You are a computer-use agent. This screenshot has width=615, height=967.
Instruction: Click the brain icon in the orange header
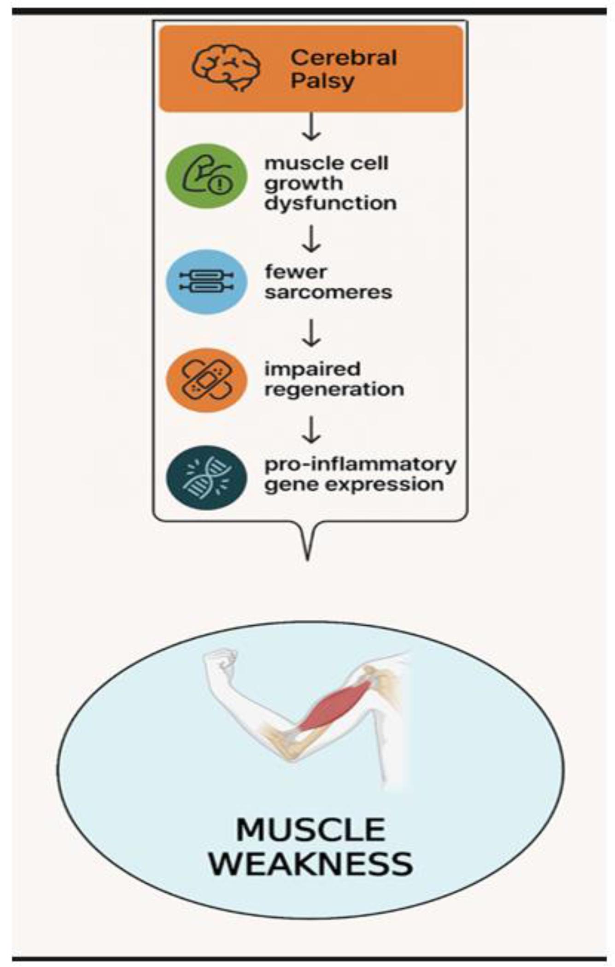point(226,68)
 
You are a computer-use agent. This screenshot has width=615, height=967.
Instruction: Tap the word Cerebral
point(344,58)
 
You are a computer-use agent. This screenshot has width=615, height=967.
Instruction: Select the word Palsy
point(322,81)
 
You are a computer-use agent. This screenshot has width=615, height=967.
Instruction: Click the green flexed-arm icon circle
point(206,176)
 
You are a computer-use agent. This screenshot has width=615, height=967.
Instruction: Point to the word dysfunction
point(330,203)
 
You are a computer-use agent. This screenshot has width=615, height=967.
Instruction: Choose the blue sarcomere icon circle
point(206,281)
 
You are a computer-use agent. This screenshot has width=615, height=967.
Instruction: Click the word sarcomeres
point(328,292)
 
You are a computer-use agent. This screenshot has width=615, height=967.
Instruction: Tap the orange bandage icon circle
point(206,380)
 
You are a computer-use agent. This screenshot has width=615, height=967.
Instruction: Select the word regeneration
point(334,389)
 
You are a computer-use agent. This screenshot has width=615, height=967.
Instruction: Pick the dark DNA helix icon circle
point(206,478)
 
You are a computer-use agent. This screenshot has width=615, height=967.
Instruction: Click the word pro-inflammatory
point(360,464)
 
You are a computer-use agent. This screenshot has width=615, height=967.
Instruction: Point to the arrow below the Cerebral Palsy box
point(311,126)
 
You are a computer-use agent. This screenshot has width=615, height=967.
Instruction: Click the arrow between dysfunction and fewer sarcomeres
point(311,239)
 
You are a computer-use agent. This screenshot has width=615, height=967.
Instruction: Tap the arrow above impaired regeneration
point(311,333)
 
